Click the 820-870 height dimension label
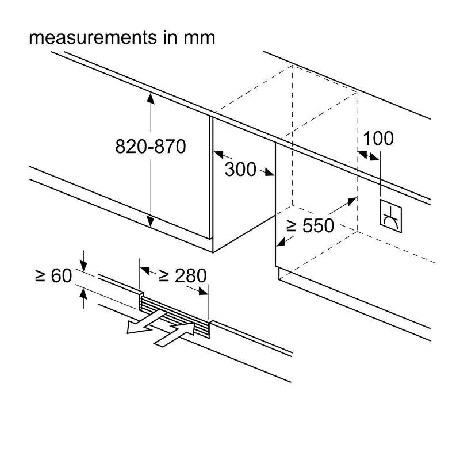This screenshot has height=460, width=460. coord(151,147)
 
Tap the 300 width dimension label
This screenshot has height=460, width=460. coord(240,169)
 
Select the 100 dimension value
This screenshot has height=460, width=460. coord(378,138)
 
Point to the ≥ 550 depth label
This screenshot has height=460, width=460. coord(310,225)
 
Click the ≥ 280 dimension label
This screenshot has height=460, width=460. coord(182,276)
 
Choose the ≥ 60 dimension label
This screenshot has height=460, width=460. coord(53,276)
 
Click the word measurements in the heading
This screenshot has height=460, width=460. coord(93,38)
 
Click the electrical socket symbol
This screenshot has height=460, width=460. coord(391,216)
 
